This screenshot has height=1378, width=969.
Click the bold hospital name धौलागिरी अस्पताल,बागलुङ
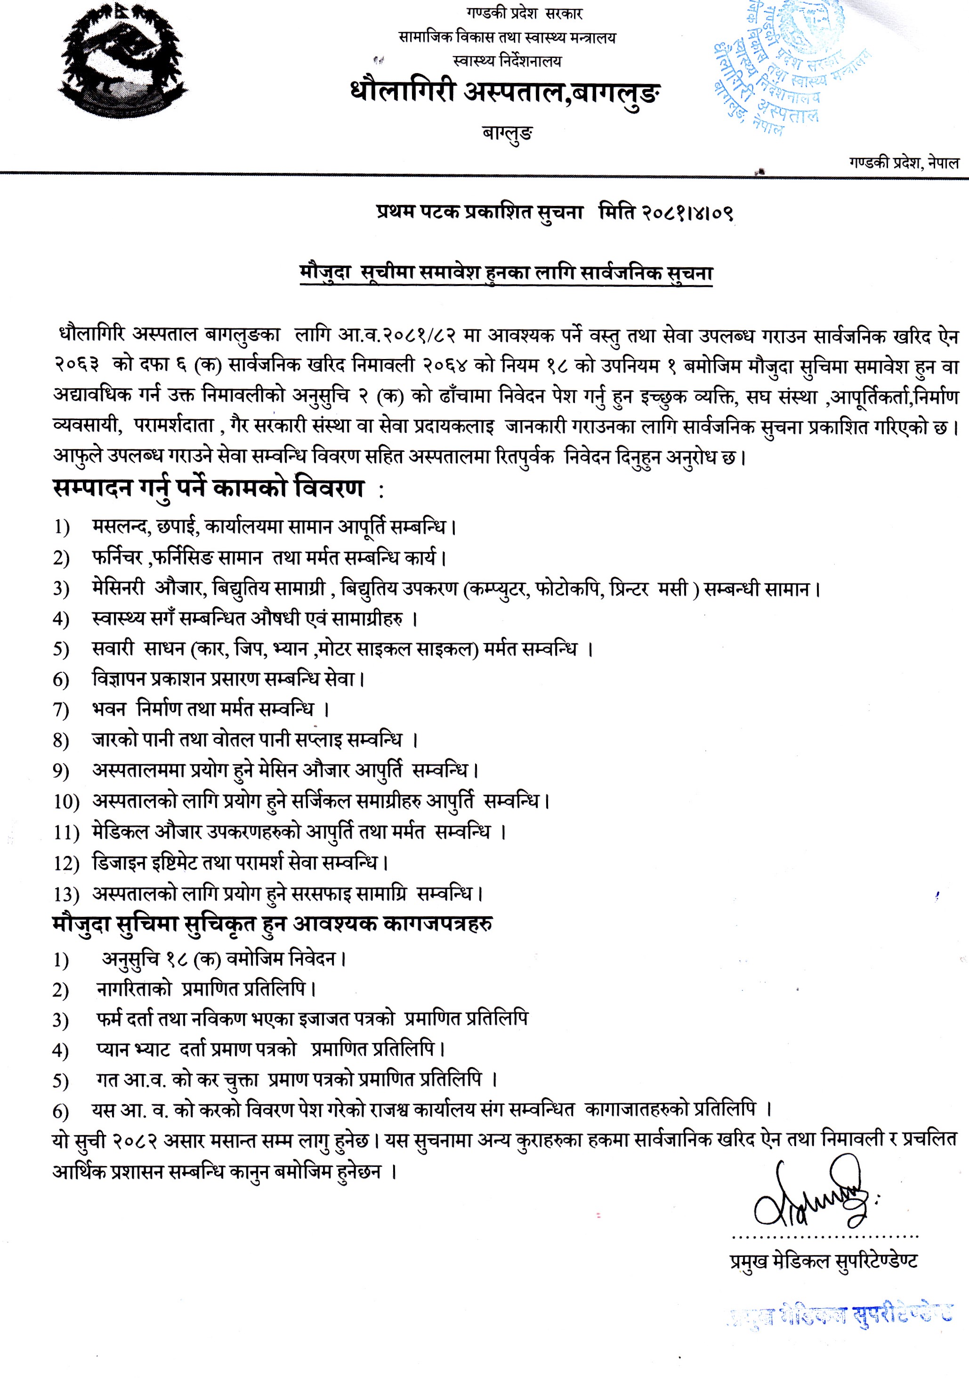506,93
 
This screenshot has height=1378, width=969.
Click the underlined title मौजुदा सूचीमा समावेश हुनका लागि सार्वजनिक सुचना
506,273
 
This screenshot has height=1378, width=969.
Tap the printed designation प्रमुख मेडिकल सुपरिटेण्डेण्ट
823,1262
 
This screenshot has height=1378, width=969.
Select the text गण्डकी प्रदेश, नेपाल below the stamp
903,162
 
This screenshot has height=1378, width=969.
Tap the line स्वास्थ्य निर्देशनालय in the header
508,61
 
